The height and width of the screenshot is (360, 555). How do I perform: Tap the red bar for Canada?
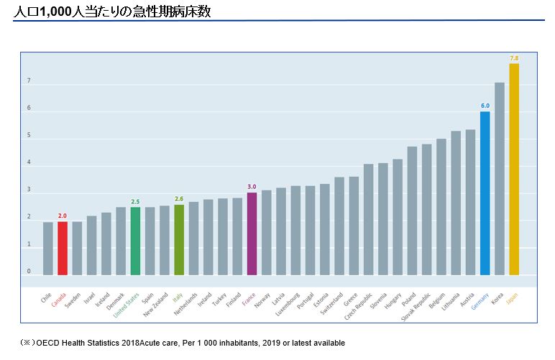(x=63, y=248)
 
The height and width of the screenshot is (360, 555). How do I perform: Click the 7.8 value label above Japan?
(x=514, y=57)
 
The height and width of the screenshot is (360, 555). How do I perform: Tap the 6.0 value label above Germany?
(x=485, y=106)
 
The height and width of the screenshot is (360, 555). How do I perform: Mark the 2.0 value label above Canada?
(x=63, y=216)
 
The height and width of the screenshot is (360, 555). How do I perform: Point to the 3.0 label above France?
(x=252, y=186)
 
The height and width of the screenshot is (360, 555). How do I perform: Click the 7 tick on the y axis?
(x=29, y=81)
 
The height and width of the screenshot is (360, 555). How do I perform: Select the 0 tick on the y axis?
(x=29, y=272)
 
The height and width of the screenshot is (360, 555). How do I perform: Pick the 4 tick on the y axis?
(x=29, y=163)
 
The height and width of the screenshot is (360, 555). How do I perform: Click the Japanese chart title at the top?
(x=112, y=11)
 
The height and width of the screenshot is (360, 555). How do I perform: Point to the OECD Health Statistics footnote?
(x=183, y=343)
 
